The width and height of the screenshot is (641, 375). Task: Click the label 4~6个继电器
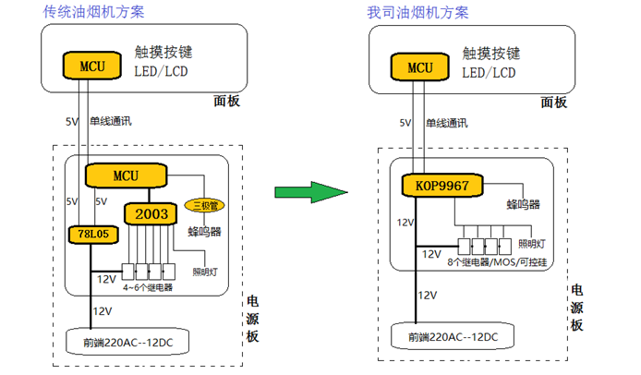[x=147, y=287]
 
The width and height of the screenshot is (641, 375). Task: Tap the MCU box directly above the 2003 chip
[x=125, y=175]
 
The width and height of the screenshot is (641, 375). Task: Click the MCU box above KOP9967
[x=419, y=67]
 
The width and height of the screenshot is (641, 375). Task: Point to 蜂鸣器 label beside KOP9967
[x=524, y=203]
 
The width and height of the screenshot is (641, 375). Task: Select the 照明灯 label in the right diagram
[x=532, y=243]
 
